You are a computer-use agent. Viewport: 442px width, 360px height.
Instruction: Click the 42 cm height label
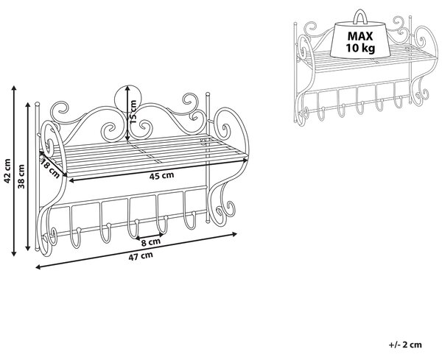tap(7, 171)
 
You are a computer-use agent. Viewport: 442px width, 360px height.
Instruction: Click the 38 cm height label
tap(21, 177)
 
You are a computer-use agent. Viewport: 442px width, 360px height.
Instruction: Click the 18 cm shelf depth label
tap(50, 169)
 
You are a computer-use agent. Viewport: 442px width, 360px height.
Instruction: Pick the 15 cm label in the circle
tap(133, 112)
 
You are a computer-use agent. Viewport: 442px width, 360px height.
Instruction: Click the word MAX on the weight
tap(360, 36)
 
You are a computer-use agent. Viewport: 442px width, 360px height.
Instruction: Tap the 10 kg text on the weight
tap(360, 48)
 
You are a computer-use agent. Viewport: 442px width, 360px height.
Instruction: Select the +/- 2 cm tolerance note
tap(405, 345)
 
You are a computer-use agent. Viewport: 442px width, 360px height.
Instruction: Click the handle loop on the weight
tap(360, 15)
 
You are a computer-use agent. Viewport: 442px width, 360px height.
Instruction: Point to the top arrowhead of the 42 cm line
tap(14, 88)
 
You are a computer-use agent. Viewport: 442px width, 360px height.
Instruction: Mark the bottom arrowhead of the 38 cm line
tap(28, 248)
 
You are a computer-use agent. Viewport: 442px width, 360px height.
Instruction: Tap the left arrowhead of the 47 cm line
tap(38, 267)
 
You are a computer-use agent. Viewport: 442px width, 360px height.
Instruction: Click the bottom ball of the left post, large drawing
tap(36, 249)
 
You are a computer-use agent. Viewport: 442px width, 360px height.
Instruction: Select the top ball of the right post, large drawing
tap(208, 93)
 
